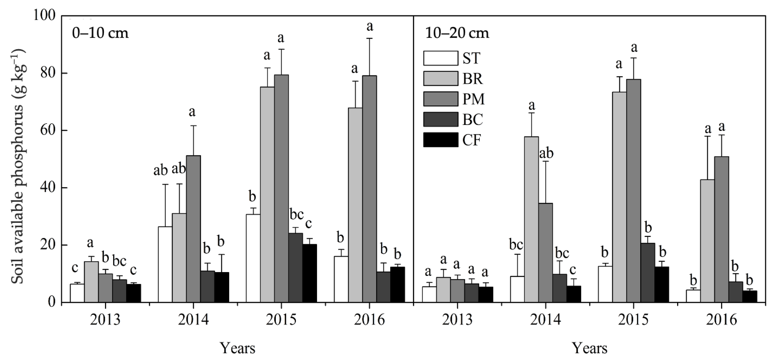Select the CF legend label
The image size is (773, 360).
point(472,140)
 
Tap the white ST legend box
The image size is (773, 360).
point(441,58)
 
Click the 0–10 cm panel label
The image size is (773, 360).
point(100,33)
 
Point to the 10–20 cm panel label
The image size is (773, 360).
point(457,33)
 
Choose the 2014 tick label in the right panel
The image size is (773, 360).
point(545,320)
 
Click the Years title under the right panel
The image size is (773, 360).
point(590,348)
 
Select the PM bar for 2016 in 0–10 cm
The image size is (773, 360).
point(369,189)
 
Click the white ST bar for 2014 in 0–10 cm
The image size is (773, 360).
point(165,264)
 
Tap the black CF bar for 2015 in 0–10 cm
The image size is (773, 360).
point(310,273)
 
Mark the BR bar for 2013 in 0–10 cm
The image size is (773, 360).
point(91,282)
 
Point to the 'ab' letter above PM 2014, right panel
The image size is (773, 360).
point(546,154)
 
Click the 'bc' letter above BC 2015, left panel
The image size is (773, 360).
point(296,215)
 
